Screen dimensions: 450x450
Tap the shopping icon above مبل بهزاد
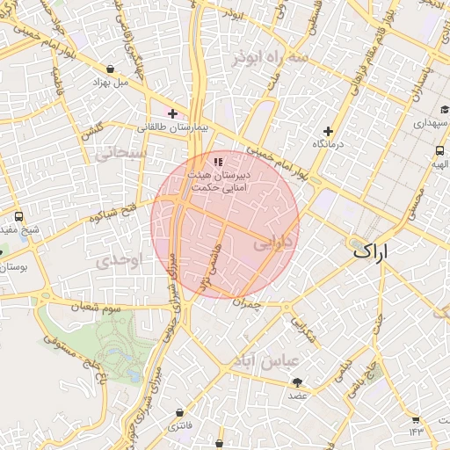pyautogui.click(x=109, y=69)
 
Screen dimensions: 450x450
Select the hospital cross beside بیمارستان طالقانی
pyautogui.click(x=172, y=113)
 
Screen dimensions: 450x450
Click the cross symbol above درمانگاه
pyautogui.click(x=328, y=131)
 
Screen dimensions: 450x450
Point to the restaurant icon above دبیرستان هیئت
pyautogui.click(x=218, y=161)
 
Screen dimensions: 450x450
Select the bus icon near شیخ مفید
pyautogui.click(x=19, y=216)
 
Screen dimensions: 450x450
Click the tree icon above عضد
pyautogui.click(x=297, y=382)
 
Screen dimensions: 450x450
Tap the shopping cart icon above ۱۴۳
pyautogui.click(x=416, y=418)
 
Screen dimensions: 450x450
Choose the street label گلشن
pyautogui.click(x=91, y=130)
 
